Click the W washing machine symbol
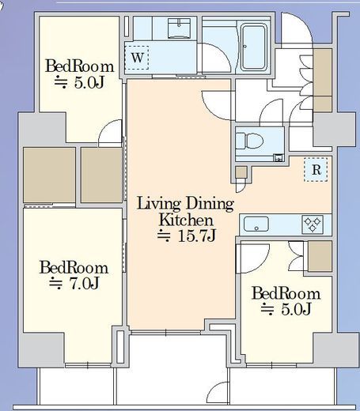pyautogui.click(x=137, y=58)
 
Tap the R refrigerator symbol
pyautogui.click(x=316, y=170)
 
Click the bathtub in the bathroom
pyautogui.click(x=253, y=47)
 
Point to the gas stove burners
pyautogui.click(x=313, y=224)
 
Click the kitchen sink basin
pyautogui.click(x=256, y=224)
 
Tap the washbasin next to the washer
pyautogui.click(x=180, y=28)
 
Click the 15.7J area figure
pyautogui.click(x=187, y=236)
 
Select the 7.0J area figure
pyautogui.click(x=74, y=283)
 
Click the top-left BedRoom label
pyautogui.click(x=79, y=66)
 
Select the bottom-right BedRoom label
pyautogui.click(x=286, y=293)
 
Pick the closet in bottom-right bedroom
pyautogui.click(x=320, y=256)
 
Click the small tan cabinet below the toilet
pyautogui.click(x=241, y=172)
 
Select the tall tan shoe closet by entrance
pyautogui.click(x=322, y=80)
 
